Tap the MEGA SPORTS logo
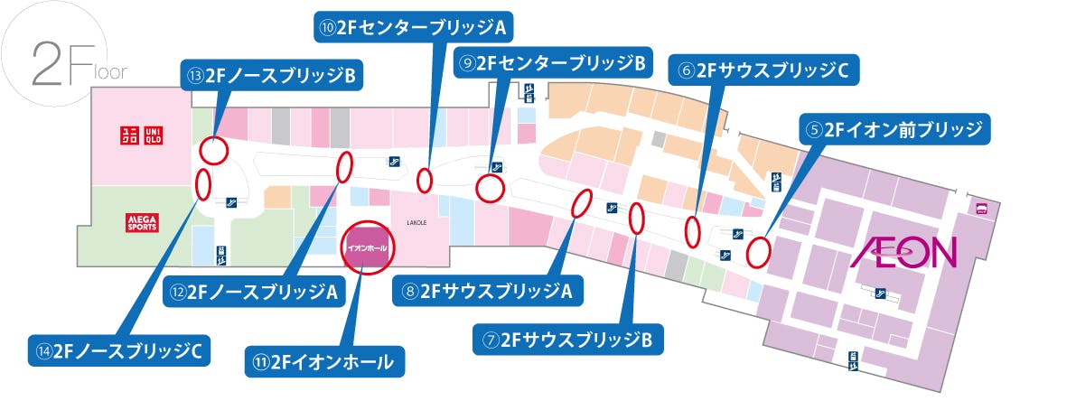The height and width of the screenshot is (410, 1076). click(x=141, y=222)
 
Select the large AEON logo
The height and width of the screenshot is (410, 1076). click(x=903, y=252)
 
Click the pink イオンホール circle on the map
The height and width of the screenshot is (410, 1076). click(x=368, y=247)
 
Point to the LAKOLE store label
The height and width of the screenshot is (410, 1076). click(x=416, y=221)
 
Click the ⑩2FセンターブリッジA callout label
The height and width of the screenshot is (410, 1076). click(x=413, y=26)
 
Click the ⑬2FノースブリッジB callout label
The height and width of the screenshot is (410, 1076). click(x=272, y=76)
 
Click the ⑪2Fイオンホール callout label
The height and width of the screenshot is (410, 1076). click(x=325, y=362)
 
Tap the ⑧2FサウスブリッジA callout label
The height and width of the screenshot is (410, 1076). click(x=487, y=291)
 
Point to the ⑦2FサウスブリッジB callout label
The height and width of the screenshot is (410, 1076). click(x=568, y=340)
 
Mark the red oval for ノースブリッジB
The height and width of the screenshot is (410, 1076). click(x=213, y=150)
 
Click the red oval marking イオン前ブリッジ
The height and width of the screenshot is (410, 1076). click(x=758, y=251)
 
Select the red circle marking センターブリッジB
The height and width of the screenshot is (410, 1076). click(x=490, y=189)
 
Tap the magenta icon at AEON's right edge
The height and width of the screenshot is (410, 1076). click(x=981, y=208)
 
